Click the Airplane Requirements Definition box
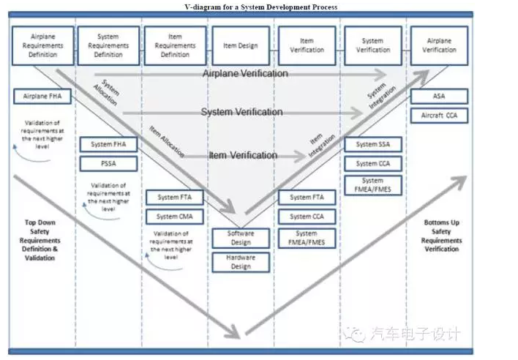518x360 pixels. point(43,45)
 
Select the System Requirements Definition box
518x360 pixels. point(108,45)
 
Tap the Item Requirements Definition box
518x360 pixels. point(175,45)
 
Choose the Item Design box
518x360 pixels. point(241,45)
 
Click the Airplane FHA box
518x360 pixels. point(41,96)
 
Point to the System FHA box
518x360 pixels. point(108,144)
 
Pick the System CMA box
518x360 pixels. point(175,217)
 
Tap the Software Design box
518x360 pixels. point(241,238)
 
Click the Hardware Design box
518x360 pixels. point(241,262)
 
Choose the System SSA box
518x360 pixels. point(372,144)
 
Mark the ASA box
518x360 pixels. point(438,96)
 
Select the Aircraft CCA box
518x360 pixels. point(438,116)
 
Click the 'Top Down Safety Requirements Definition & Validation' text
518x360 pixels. point(40,240)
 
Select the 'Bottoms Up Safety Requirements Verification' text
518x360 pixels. point(441,236)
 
